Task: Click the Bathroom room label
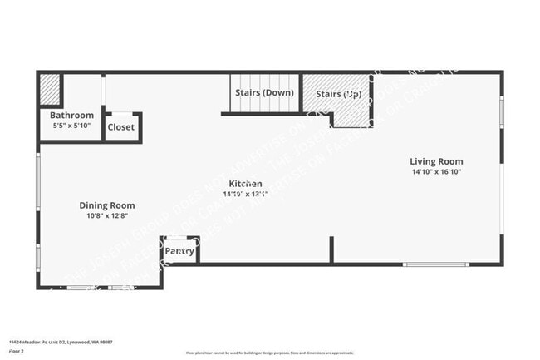pos(71,116)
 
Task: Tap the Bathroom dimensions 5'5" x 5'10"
pos(71,126)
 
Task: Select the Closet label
pos(121,128)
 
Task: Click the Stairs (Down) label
pos(264,92)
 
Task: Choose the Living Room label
pos(436,161)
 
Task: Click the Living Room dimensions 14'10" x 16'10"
pos(436,172)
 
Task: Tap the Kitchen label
pos(246,183)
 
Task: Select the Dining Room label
pos(107,205)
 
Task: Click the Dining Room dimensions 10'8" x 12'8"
pos(107,216)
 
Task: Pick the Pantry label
pos(179,251)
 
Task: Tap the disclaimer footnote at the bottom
pos(269,353)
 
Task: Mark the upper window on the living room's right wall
pos(501,111)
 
